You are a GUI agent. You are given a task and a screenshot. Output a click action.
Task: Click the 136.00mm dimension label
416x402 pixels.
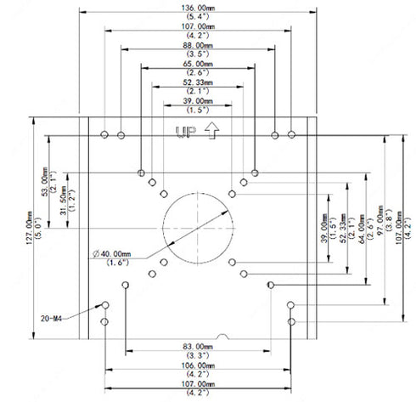pyautogui.click(x=197, y=8)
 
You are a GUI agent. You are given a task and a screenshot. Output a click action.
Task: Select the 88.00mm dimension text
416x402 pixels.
pyautogui.click(x=197, y=45)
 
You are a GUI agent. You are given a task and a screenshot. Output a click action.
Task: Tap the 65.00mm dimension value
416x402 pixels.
pyautogui.click(x=197, y=64)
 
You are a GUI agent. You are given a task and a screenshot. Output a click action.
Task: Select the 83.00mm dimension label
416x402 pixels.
pyautogui.click(x=197, y=347)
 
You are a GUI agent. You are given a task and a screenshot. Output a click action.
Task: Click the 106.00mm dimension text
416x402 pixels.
pyautogui.click(x=197, y=365)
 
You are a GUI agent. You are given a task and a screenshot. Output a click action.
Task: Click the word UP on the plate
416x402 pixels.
pyautogui.click(x=182, y=131)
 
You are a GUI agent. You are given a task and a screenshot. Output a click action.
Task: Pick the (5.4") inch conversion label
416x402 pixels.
pyautogui.click(x=197, y=17)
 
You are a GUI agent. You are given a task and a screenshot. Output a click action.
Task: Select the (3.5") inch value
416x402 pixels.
pyautogui.click(x=197, y=54)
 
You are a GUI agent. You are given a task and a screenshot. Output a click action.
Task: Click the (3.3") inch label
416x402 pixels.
pyautogui.click(x=197, y=355)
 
